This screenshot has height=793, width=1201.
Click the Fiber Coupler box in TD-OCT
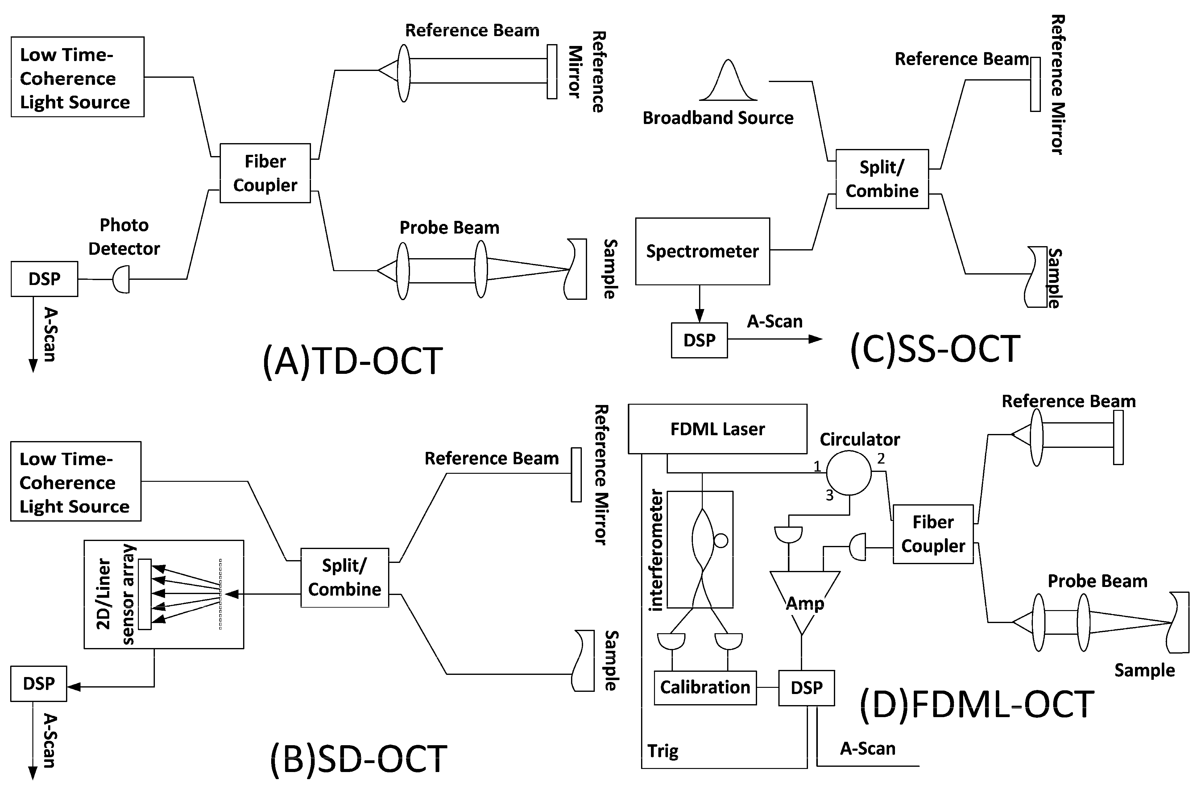click(x=265, y=173)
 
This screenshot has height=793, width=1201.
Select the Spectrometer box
click(x=702, y=251)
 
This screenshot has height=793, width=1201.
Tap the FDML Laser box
click(x=717, y=429)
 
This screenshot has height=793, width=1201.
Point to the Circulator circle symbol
click(x=849, y=473)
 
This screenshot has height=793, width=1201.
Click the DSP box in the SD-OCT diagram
click(x=39, y=684)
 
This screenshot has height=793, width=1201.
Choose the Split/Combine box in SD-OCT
click(x=344, y=578)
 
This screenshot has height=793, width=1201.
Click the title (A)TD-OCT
click(x=352, y=361)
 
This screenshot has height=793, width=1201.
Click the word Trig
click(x=662, y=752)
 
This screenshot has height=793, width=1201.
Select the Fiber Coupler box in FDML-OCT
click(x=933, y=534)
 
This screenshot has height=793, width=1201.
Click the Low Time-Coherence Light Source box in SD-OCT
click(x=75, y=481)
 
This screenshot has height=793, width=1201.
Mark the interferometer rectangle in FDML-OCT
click(x=700, y=549)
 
